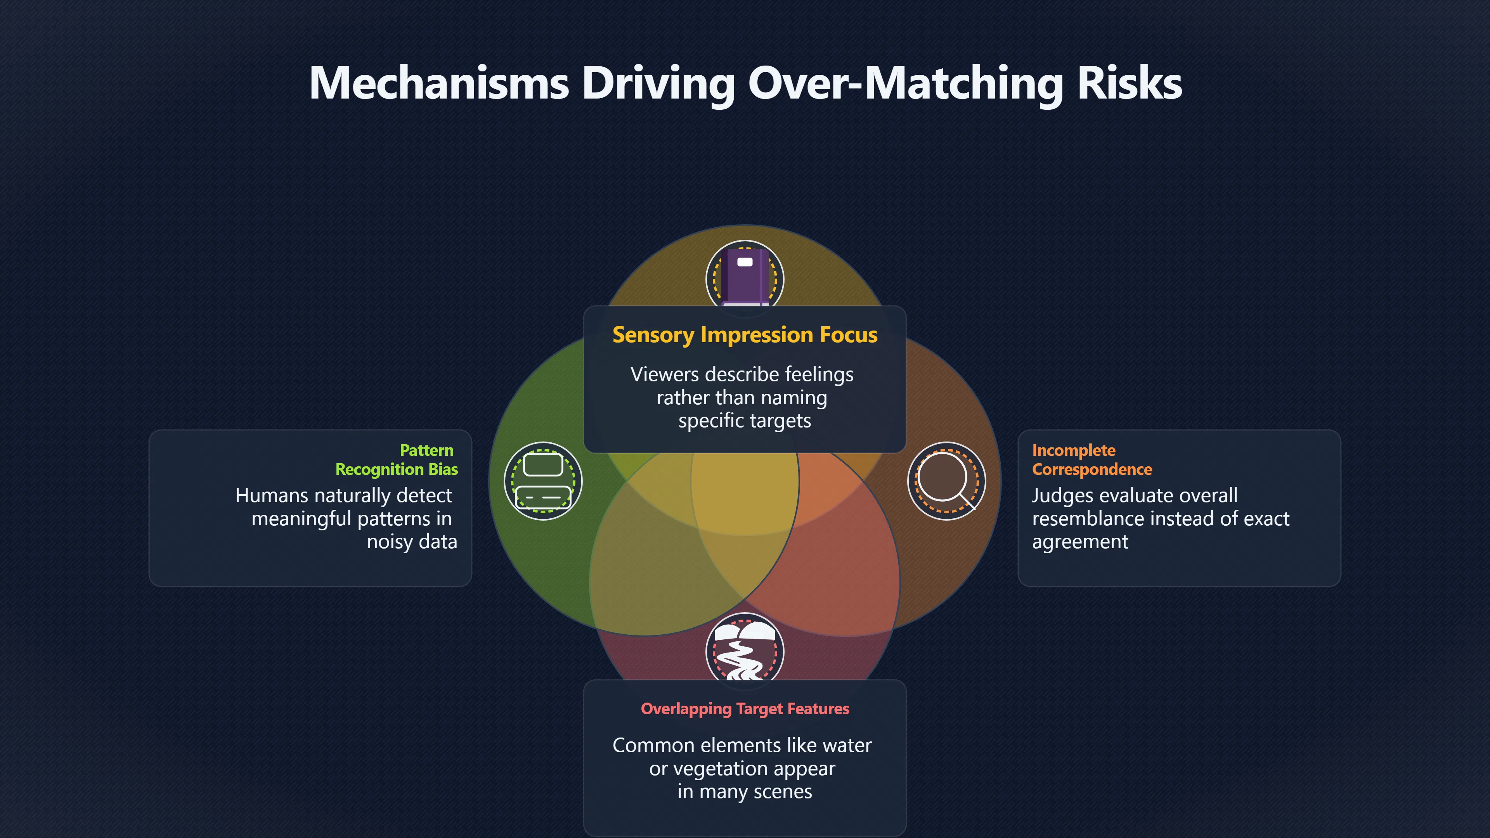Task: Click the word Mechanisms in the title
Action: coord(439,83)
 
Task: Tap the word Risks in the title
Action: coord(1130,83)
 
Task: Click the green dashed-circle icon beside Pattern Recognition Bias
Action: coord(543,481)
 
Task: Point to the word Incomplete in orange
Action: coord(1074,450)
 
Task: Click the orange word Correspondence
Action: coord(1092,469)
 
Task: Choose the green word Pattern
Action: coord(427,450)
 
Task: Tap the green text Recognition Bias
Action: coord(397,469)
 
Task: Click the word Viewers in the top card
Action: coord(665,374)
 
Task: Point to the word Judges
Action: coord(1061,496)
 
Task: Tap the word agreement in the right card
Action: coord(1080,542)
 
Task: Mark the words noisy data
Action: coord(412,542)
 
